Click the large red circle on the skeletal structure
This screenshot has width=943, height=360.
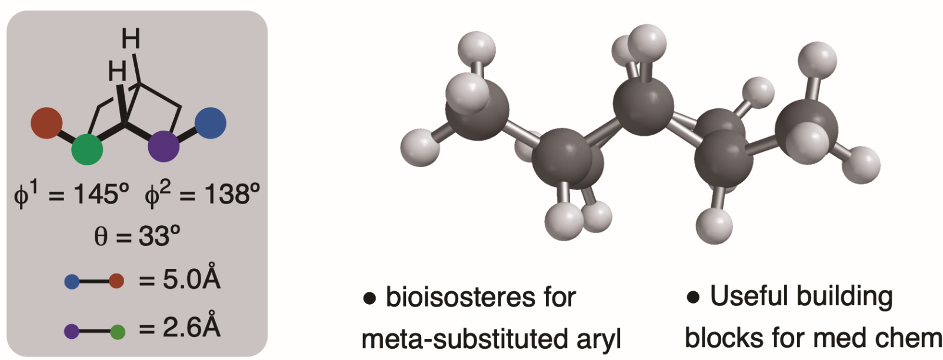[46, 123]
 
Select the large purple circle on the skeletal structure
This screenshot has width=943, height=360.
[164, 146]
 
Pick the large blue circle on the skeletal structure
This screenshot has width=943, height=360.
[210, 123]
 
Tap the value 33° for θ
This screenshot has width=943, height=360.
[159, 236]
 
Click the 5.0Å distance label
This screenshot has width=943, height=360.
[191, 279]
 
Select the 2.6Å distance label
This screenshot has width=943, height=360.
[191, 327]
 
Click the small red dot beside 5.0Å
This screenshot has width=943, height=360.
[116, 281]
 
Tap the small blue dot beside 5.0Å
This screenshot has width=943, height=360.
[72, 282]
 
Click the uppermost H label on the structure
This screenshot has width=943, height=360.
[131, 39]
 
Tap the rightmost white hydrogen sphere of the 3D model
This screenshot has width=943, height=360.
[862, 164]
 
